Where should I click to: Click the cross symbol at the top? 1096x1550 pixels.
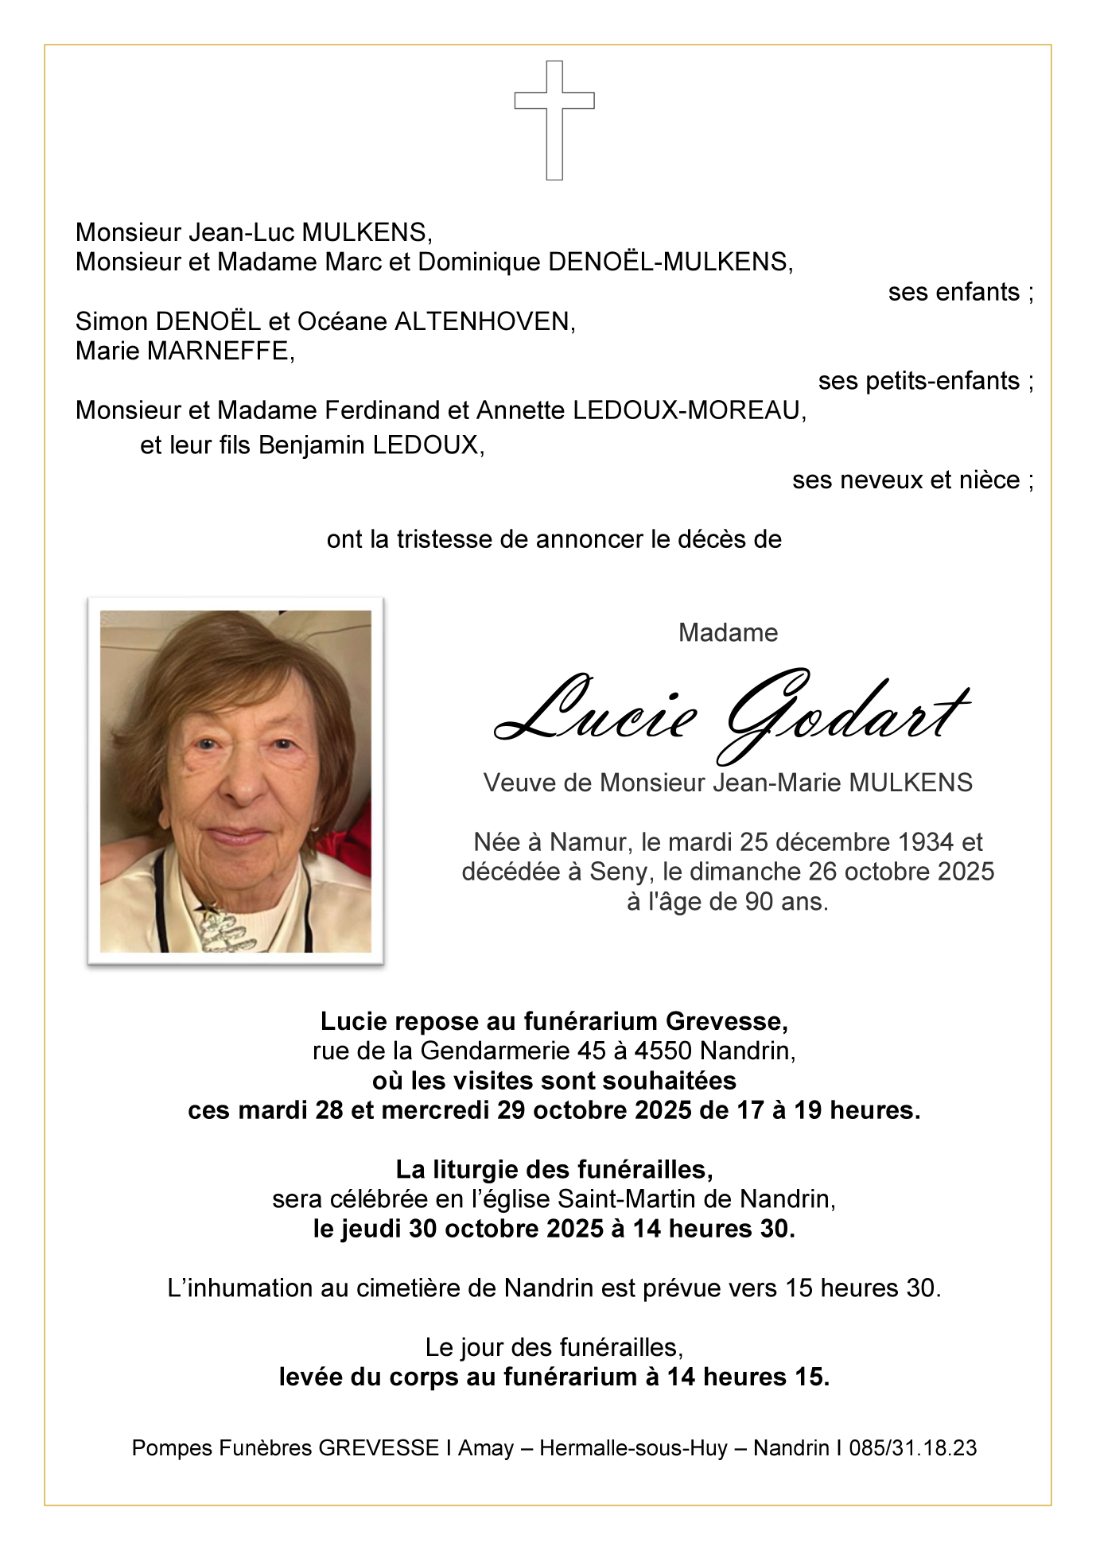[554, 119]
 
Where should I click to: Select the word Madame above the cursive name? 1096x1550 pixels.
[728, 633]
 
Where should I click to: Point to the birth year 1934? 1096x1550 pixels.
[915, 842]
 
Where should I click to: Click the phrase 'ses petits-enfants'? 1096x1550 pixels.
[919, 382]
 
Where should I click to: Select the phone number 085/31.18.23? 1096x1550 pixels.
[912, 1448]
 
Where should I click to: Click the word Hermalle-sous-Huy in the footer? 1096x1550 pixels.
[633, 1448]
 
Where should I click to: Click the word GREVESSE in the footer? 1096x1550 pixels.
[379, 1448]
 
